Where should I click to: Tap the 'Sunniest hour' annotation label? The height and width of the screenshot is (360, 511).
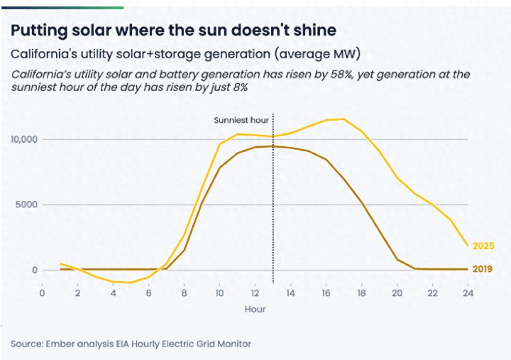pos(241,120)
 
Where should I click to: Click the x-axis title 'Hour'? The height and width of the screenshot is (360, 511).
pos(255,310)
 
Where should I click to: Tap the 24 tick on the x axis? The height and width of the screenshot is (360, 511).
pos(468,293)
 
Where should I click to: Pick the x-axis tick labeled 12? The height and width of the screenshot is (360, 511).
pos(255,293)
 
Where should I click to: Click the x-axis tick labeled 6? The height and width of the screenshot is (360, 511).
pos(149,293)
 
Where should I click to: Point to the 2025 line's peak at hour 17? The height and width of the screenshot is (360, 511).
pos(344,119)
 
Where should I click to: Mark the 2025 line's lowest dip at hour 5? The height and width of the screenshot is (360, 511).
pos(131,283)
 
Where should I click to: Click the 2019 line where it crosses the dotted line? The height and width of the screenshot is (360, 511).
pos(273,146)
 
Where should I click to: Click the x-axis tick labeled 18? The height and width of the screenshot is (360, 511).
pos(362,293)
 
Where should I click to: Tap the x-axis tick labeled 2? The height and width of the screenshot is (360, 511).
pos(78,293)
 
